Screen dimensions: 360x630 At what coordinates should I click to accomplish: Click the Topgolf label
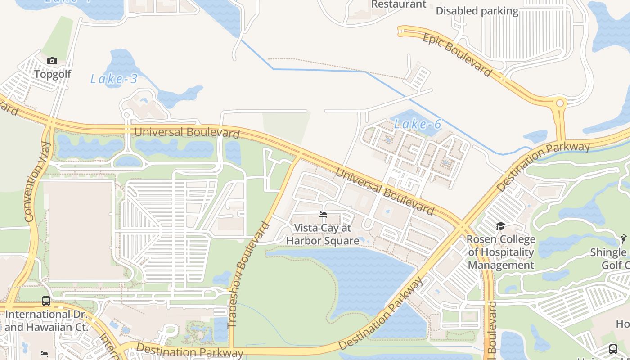point(53,74)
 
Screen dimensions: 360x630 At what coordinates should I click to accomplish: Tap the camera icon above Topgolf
point(52,61)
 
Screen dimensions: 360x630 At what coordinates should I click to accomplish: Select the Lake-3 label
point(114,79)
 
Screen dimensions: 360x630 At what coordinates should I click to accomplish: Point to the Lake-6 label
point(418,124)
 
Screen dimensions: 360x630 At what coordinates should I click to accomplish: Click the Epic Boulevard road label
point(457,55)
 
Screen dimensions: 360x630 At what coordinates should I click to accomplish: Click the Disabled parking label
point(477,11)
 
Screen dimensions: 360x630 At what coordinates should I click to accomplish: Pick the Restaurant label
point(399,4)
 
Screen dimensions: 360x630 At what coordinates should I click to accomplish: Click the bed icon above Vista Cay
point(323,215)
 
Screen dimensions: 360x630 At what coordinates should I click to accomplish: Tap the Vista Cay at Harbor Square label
point(323,234)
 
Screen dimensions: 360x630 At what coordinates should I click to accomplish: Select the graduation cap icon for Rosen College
point(501,226)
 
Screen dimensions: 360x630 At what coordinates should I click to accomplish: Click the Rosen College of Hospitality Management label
point(501,252)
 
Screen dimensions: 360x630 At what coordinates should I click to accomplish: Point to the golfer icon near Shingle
point(623,238)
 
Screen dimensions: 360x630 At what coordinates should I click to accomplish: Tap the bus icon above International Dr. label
point(46,301)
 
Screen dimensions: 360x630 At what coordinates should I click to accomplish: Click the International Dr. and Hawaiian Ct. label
point(46,320)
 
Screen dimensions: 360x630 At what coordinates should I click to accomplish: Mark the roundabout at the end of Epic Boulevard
point(560,103)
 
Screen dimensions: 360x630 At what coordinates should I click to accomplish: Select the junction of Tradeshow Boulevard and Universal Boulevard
point(298,156)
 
